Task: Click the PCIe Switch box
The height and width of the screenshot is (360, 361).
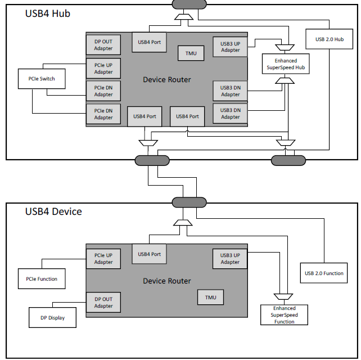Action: tap(41, 79)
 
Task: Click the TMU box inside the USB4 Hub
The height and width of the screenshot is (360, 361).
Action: tap(191, 53)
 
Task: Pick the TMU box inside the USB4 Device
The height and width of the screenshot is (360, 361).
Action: tap(210, 297)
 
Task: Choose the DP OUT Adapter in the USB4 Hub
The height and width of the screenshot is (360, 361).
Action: tap(103, 45)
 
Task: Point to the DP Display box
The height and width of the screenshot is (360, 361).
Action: tap(52, 317)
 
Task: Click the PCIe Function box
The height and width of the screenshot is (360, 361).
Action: tap(42, 278)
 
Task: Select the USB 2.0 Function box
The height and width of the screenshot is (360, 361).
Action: tap(324, 273)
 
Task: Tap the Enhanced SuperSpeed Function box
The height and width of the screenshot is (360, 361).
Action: tap(285, 315)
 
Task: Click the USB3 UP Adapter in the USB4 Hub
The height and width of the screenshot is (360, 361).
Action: tap(230, 47)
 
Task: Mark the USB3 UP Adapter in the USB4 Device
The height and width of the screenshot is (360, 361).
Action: tap(230, 259)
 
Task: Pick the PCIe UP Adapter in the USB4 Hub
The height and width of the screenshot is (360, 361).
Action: tap(103, 69)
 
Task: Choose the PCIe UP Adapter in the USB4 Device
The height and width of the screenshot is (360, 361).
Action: tap(103, 259)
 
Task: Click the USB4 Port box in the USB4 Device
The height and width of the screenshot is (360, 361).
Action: tap(148, 254)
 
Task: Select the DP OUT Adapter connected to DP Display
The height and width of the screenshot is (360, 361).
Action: tap(103, 303)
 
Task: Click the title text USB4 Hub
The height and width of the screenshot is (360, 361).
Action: tap(48, 13)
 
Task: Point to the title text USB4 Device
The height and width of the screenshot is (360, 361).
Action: tap(53, 211)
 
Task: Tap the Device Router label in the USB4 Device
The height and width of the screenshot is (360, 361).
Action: tap(167, 281)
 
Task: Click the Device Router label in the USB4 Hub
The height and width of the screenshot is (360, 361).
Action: tap(167, 79)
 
